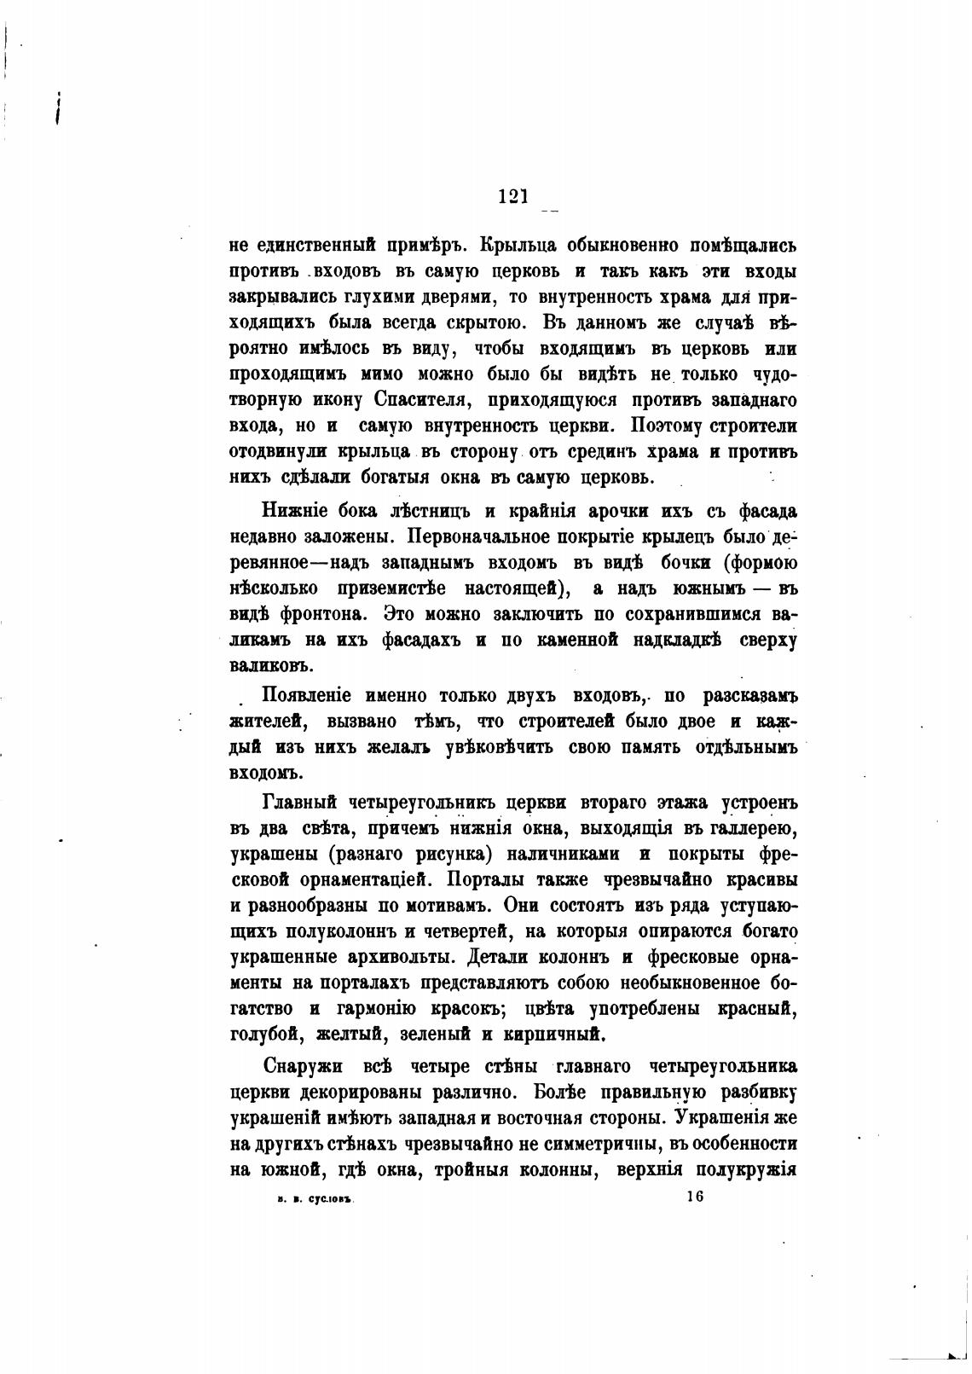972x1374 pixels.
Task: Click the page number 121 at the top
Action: (x=513, y=196)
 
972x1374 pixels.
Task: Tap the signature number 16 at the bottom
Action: (x=693, y=1197)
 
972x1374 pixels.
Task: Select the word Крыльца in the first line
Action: (x=519, y=246)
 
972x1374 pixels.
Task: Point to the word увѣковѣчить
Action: (x=500, y=747)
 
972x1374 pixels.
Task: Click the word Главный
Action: (x=298, y=803)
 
